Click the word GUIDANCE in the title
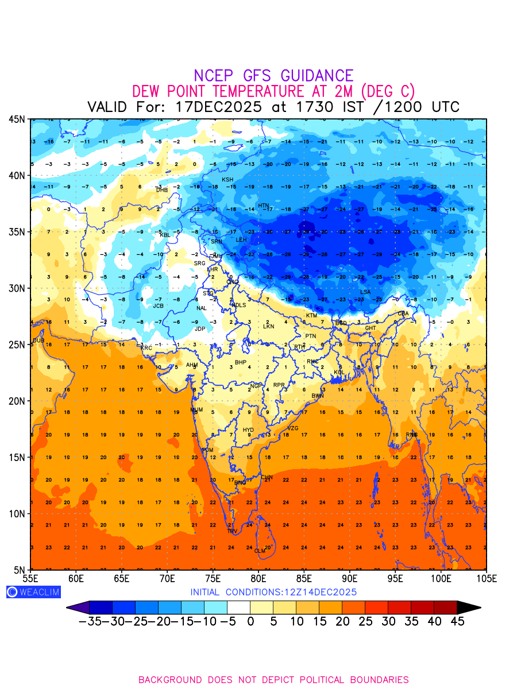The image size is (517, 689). (317, 76)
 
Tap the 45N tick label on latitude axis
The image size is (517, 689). (17, 119)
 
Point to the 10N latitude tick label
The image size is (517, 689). (17, 513)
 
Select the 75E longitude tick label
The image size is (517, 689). (213, 578)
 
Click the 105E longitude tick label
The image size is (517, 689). (486, 578)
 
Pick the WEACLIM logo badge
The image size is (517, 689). (33, 592)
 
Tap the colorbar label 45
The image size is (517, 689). (457, 621)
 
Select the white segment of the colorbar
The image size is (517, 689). (238, 607)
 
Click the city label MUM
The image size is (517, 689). (196, 410)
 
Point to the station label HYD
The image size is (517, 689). (248, 430)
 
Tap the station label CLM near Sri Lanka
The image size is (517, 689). (260, 551)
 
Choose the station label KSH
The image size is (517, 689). (228, 180)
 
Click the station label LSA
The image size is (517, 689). (365, 292)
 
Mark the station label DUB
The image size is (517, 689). (38, 340)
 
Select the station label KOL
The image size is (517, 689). (339, 373)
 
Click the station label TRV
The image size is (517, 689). (232, 532)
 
